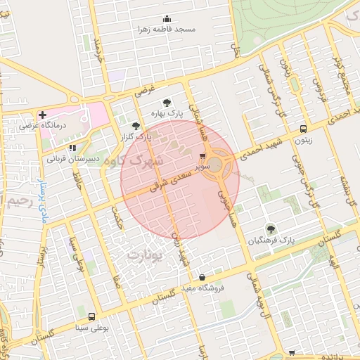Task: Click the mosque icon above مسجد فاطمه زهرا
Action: pos(166,19)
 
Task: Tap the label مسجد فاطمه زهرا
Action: pos(166,30)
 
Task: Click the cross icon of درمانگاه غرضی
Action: pos(43,114)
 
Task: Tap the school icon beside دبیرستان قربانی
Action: pos(72,148)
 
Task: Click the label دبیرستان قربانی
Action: pos(70,159)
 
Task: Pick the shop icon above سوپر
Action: pos(202,157)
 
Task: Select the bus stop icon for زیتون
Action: pos(303,129)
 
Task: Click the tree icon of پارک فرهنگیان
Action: pos(271,229)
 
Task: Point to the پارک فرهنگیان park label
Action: pos(270,240)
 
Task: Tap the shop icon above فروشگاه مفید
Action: pos(202,277)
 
